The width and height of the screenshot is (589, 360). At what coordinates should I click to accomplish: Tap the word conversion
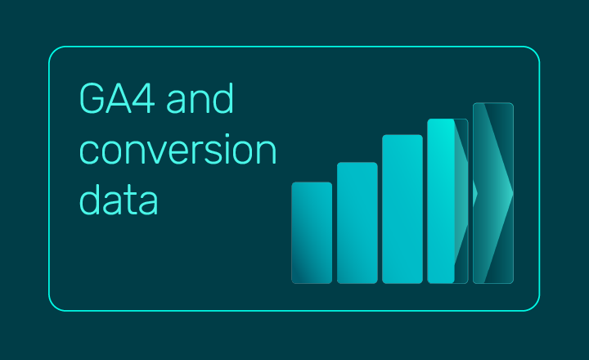coord(178,151)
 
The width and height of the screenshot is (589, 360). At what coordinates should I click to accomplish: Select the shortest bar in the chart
coord(312,232)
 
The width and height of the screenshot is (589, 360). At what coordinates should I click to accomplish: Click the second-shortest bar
coord(357,223)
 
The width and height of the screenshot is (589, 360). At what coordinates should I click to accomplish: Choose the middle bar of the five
coord(402,209)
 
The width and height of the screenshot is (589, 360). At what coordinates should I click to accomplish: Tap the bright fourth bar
coord(442,200)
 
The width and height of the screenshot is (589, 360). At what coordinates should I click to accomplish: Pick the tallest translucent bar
coord(493,193)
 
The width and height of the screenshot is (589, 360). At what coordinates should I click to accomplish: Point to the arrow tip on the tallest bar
coord(511,193)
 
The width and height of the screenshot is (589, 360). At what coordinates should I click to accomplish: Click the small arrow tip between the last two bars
coord(475,193)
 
